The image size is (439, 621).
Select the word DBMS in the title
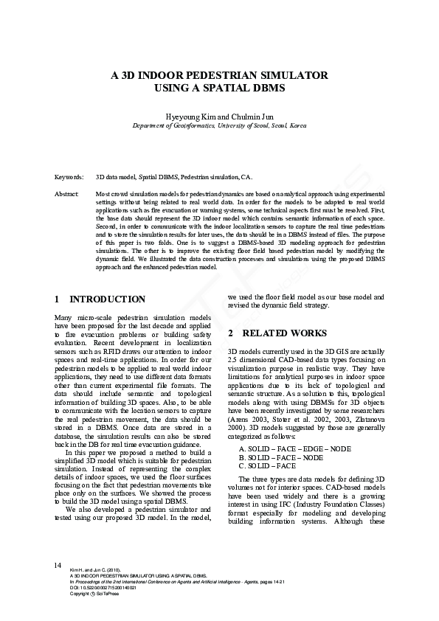click(x=269, y=88)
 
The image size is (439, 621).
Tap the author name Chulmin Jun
click(x=249, y=116)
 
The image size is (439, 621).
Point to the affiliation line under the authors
click(x=219, y=126)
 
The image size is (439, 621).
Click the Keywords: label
click(x=69, y=178)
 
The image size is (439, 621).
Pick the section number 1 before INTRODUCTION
click(x=58, y=299)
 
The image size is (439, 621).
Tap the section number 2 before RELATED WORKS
click(x=231, y=333)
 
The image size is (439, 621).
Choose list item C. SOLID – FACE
click(x=267, y=466)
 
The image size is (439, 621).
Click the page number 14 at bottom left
click(x=57, y=565)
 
